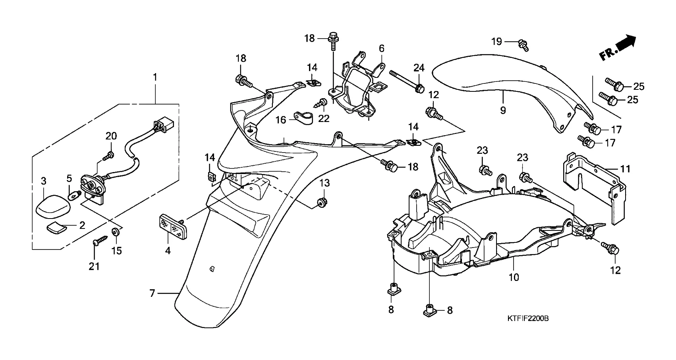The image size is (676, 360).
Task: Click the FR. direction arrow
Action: coord(618,48)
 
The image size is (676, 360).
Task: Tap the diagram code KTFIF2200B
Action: coord(528,319)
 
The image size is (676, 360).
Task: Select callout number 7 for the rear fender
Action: coord(152,294)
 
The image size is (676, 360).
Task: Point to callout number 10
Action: coord(514,277)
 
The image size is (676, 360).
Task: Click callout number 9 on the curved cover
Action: coord(503,110)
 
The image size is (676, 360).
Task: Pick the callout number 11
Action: coord(625,169)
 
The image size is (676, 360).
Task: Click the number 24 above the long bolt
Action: coord(419,68)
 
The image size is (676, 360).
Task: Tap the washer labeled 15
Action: coord(116,232)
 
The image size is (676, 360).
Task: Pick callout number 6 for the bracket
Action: coord(381,49)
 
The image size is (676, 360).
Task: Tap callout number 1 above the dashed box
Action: coord(155,77)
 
